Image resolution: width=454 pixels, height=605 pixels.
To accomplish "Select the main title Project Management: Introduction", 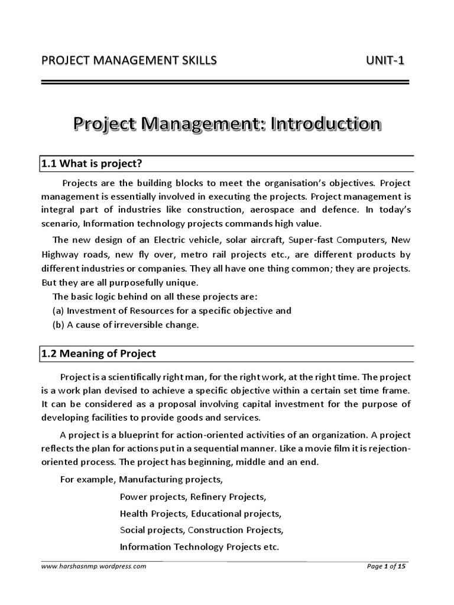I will [x=227, y=125].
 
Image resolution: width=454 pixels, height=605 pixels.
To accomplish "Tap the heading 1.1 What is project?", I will [x=92, y=163].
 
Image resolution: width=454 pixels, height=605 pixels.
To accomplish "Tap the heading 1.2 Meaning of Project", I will [x=99, y=353].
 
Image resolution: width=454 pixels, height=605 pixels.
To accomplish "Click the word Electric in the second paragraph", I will [x=171, y=240].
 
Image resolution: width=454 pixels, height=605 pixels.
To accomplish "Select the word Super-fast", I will [x=309, y=240].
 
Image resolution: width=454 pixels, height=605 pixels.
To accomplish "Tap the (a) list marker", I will [x=59, y=310].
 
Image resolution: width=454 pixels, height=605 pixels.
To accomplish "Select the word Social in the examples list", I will [x=132, y=529].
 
